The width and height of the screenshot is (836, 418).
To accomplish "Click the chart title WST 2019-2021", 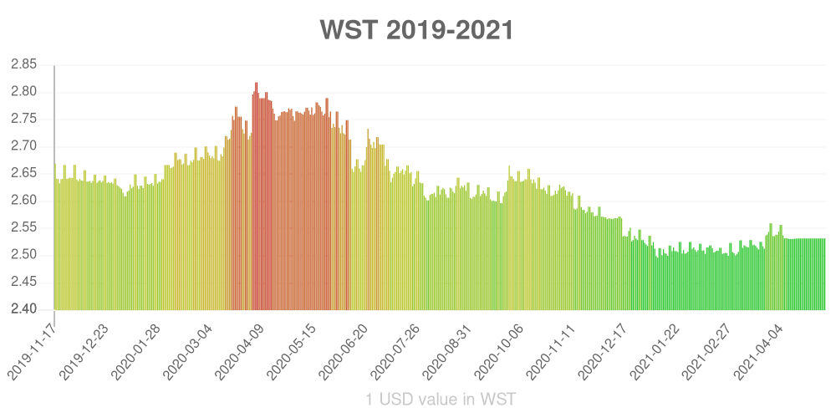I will [x=416, y=31].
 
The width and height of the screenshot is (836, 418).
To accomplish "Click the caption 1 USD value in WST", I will [x=441, y=399].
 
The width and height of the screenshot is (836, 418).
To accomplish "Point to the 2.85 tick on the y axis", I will [x=24, y=64].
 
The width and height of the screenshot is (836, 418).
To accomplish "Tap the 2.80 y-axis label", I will [x=24, y=92].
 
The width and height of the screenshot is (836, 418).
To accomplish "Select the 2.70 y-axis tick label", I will [x=24, y=146].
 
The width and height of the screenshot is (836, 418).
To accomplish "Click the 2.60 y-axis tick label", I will [x=24, y=201].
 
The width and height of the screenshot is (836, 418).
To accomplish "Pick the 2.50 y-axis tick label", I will [x=24, y=255].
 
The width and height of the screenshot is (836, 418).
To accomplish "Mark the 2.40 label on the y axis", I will [x=24, y=309].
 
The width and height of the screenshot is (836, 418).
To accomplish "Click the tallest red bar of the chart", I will [x=257, y=196].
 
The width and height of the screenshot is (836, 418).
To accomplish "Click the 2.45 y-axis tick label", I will [x=24, y=283].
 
